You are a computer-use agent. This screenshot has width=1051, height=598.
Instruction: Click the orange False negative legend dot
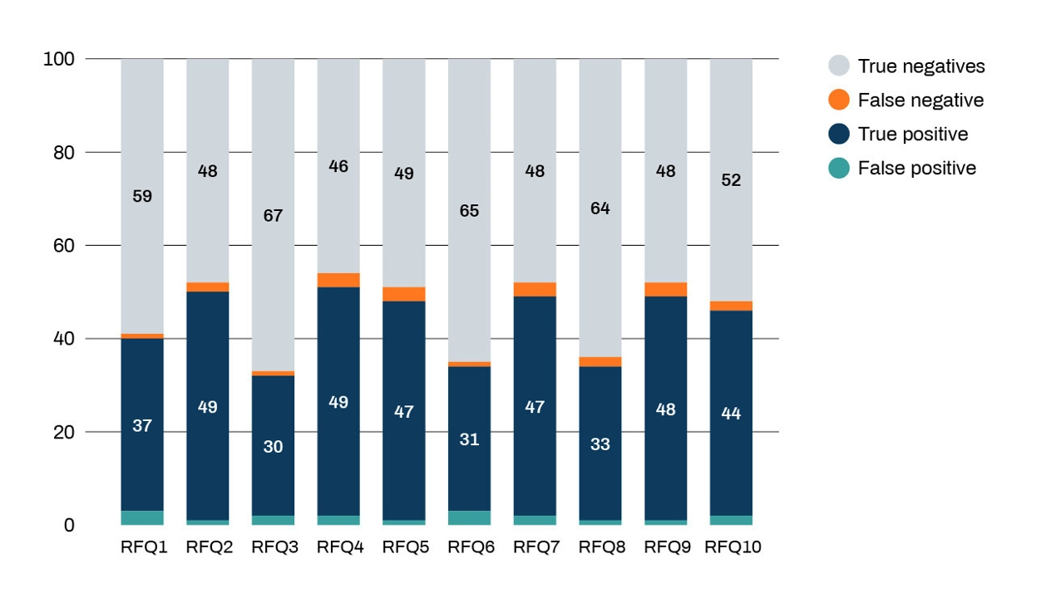point(838,100)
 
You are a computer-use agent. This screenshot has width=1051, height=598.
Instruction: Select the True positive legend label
point(913,134)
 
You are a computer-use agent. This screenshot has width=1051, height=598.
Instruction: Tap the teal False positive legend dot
point(838,168)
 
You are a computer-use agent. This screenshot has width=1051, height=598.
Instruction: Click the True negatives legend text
point(921,66)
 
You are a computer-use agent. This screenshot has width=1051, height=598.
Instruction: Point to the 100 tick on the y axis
point(59,59)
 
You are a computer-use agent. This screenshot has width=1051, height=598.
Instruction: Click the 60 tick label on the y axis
point(64,246)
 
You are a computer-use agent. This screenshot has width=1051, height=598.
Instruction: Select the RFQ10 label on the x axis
point(733,547)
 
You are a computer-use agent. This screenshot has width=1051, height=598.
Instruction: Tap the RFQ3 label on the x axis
point(274,547)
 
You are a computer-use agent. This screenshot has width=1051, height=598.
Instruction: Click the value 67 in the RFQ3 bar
point(273,216)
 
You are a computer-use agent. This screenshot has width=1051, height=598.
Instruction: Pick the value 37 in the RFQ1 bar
point(142,425)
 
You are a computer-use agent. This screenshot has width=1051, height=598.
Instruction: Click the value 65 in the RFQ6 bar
point(469,211)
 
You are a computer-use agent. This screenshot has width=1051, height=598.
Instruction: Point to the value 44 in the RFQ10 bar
point(731,414)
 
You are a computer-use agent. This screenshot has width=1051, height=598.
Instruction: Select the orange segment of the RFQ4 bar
point(338,280)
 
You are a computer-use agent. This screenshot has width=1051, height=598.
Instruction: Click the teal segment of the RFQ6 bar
point(469,518)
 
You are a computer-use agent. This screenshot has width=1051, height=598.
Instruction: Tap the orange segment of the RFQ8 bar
point(600,362)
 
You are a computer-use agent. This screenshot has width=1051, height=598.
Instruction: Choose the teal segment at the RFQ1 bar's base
point(142,518)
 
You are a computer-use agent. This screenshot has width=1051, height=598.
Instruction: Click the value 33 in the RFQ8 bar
point(600,444)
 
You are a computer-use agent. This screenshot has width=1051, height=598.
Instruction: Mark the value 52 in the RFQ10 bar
point(731,180)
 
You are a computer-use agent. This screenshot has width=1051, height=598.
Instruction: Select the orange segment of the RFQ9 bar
point(665,290)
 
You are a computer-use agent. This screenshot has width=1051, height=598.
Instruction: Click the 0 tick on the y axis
point(69,526)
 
